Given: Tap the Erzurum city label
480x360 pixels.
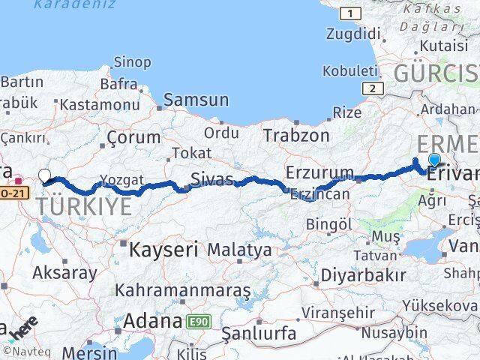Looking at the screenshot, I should point(319,172).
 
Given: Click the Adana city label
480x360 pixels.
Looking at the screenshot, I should point(153,322).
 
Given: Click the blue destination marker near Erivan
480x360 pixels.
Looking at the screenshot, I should point(434,159).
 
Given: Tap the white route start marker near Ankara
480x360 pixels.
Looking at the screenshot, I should point(44,176).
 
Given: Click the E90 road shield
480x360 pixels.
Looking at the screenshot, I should point(199,322).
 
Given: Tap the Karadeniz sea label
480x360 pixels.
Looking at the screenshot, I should point(76,4).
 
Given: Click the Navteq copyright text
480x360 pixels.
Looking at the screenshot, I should point(22,351).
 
